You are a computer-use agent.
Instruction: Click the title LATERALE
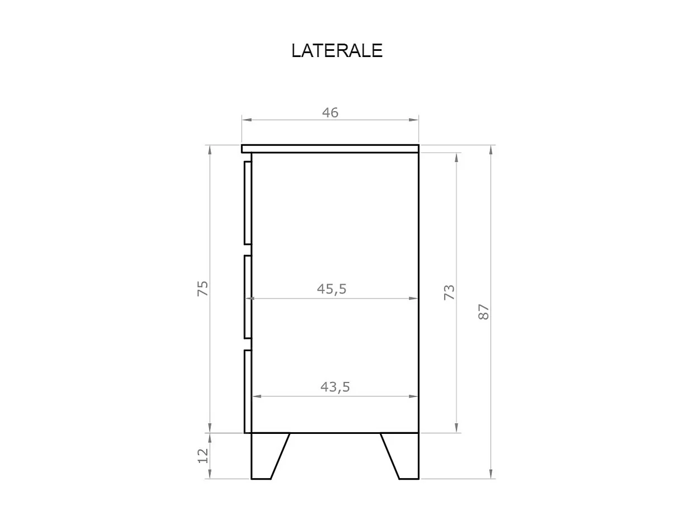pyautogui.click(x=337, y=51)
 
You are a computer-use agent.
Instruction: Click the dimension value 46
pyautogui.click(x=330, y=112)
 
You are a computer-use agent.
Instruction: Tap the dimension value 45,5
pyautogui.click(x=332, y=289)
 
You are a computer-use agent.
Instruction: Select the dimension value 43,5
pyautogui.click(x=335, y=386)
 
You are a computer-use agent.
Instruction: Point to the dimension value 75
pyautogui.click(x=202, y=289)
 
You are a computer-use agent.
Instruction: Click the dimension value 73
pyautogui.click(x=449, y=292)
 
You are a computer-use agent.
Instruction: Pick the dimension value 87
pyautogui.click(x=484, y=311)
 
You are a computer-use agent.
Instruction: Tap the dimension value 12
pyautogui.click(x=202, y=455)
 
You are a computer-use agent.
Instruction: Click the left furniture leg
pyautogui.click(x=266, y=456)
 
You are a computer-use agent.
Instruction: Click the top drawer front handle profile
pyautogui.click(x=248, y=203)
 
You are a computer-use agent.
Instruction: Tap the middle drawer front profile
pyautogui.click(x=248, y=297)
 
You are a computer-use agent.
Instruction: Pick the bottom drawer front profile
pyautogui.click(x=248, y=391)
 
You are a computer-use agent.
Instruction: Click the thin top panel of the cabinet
pyautogui.click(x=330, y=148)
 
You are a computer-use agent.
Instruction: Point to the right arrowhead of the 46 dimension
pyautogui.click(x=414, y=120)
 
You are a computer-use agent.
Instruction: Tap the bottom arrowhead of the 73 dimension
pyautogui.click(x=457, y=428)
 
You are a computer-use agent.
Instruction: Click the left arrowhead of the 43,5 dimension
pyautogui.click(x=257, y=396)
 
